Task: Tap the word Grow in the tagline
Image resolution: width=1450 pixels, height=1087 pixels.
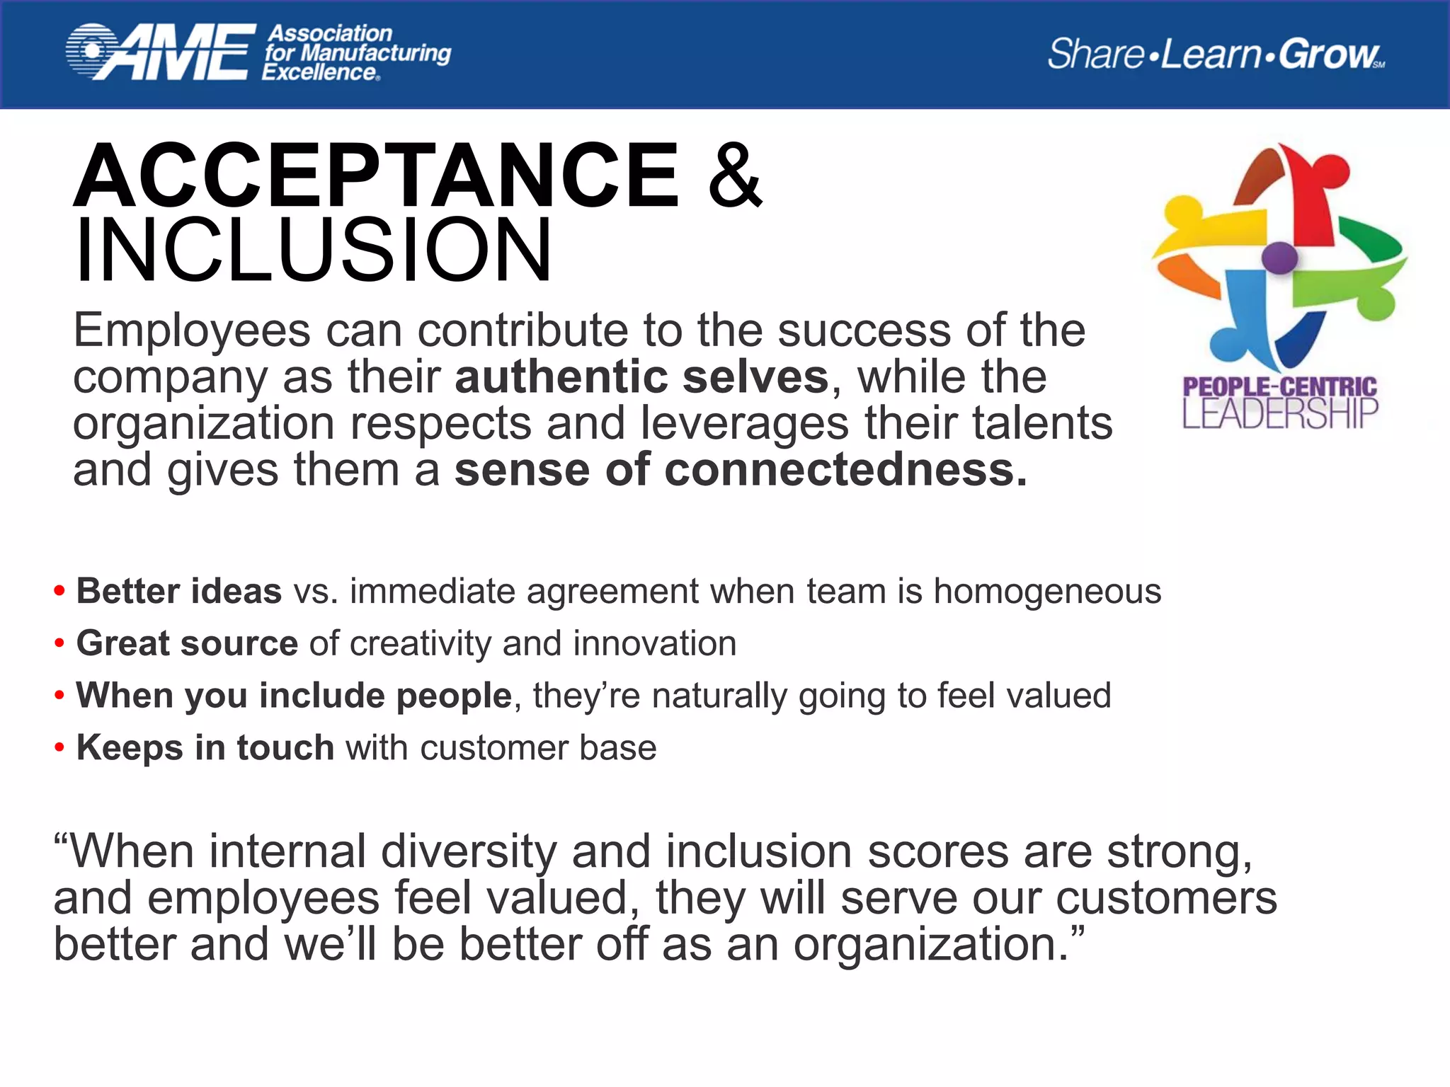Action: pyautogui.click(x=1328, y=54)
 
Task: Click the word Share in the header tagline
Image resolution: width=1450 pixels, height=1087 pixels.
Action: pyautogui.click(x=1095, y=54)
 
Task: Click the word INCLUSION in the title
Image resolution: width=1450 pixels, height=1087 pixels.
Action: pyautogui.click(x=313, y=251)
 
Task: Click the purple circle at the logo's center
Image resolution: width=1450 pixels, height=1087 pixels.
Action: pyautogui.click(x=1279, y=258)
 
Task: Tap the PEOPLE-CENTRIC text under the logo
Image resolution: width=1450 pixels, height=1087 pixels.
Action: pyautogui.click(x=1279, y=386)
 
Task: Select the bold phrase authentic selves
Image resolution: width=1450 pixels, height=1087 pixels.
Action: pyautogui.click(x=641, y=376)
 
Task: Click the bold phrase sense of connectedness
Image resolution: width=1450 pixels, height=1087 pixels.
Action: pyautogui.click(x=740, y=470)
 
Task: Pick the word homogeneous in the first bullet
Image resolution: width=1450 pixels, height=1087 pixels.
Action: pyautogui.click(x=1047, y=591)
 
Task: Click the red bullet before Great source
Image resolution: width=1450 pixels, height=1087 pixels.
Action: pyautogui.click(x=59, y=644)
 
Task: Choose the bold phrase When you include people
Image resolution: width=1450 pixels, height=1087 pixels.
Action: pyautogui.click(x=294, y=695)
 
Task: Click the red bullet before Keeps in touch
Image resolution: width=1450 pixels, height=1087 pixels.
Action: pyautogui.click(x=59, y=748)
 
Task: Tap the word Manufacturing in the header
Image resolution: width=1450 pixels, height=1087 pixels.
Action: pyautogui.click(x=375, y=53)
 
